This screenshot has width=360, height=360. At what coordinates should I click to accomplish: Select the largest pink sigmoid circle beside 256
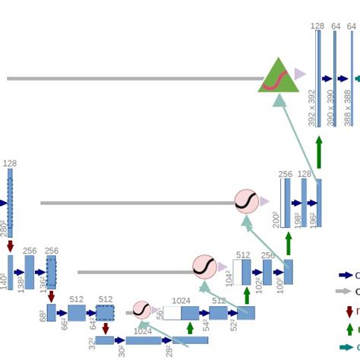(x=247, y=202)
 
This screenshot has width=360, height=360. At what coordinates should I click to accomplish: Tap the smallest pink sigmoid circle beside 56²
(x=142, y=309)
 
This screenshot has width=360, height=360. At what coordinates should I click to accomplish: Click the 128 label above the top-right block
(x=317, y=26)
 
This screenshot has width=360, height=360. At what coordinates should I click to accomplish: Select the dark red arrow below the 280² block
(x=11, y=246)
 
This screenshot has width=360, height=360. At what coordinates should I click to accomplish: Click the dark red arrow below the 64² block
(x=105, y=328)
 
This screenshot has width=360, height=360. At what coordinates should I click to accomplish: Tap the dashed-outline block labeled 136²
(x=51, y=271)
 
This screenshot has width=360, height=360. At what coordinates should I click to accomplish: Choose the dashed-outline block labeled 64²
(x=105, y=313)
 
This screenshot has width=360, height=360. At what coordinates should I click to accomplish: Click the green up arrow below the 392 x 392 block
(x=319, y=151)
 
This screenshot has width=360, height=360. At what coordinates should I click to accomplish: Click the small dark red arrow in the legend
(x=349, y=311)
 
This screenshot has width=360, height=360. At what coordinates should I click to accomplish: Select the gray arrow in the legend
(x=344, y=292)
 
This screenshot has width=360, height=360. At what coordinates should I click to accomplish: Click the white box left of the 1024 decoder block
(x=172, y=313)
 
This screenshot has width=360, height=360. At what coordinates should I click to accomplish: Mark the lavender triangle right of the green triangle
(x=300, y=74)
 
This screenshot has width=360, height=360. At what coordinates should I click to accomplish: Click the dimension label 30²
(x=122, y=351)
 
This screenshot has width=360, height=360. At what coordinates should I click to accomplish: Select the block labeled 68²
(x=51, y=313)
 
